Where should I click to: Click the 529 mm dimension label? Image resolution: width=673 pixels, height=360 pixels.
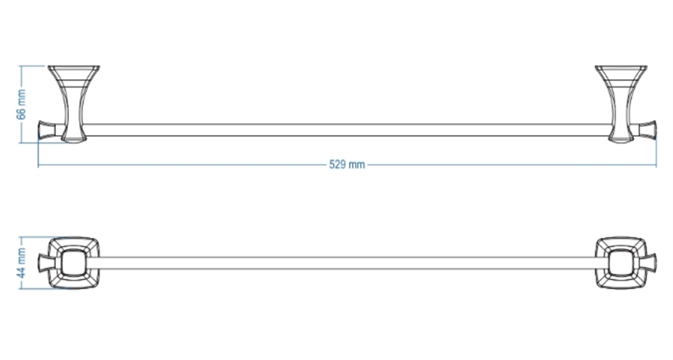tap(347, 165)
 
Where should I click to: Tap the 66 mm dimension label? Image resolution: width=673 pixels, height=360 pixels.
tap(21, 104)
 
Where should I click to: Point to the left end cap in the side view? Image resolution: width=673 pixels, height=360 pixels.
tap(47, 130)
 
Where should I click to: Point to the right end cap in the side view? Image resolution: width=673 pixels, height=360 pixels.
tap(647, 130)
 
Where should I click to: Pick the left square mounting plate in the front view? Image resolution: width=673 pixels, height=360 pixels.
tap(74, 263)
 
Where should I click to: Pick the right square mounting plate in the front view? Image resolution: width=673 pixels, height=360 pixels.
tap(621, 263)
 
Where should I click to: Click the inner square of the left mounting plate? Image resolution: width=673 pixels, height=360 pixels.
tap(74, 263)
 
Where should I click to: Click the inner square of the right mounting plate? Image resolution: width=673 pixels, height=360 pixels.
tap(621, 263)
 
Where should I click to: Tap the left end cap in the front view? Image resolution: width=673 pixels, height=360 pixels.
tap(44, 263)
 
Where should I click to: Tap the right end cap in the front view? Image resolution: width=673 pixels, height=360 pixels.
tap(651, 263)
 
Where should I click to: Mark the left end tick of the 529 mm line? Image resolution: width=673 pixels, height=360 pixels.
tap(39, 165)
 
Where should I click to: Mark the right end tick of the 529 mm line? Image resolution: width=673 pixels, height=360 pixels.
tap(656, 165)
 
